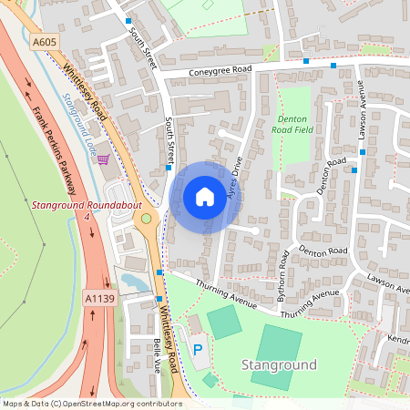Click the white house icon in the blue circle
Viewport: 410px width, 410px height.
[205, 197]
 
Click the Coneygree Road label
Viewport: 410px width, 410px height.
[220, 71]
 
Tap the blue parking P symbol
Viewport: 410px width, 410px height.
[198, 349]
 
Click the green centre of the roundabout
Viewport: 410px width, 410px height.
[146, 220]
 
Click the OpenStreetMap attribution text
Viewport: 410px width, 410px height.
[92, 403]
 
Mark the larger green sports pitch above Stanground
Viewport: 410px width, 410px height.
[277, 344]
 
